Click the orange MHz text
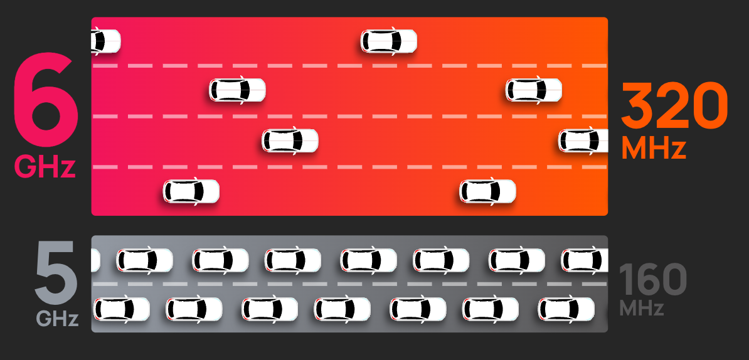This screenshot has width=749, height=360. click(654, 149)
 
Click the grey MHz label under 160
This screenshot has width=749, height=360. click(642, 309)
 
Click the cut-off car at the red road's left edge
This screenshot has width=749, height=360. click(105, 41)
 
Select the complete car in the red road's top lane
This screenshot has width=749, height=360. click(389, 41)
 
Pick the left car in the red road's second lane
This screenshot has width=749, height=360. click(237, 90)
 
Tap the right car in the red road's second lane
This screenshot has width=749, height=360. click(534, 90)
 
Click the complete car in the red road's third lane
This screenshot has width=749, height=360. click(290, 140)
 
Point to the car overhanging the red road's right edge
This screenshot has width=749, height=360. click(584, 140)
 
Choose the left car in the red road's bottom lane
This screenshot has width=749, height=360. click(191, 191)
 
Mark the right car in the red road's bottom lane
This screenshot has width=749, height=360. click(487, 191)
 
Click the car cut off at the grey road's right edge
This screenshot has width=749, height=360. click(585, 260)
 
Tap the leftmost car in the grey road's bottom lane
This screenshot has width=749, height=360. click(122, 309)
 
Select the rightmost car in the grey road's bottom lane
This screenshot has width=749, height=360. click(566, 309)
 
